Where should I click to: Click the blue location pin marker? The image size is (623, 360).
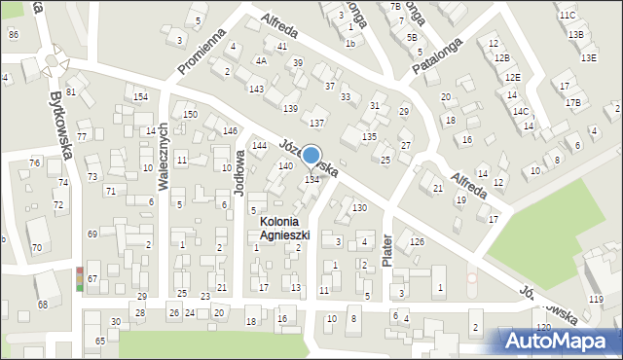[x=311, y=156]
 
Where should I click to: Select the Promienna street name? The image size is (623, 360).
[x=202, y=51]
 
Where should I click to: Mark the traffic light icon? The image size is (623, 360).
[x=79, y=279]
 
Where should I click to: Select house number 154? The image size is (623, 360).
[x=140, y=97]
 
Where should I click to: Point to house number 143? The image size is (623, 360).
[x=256, y=89]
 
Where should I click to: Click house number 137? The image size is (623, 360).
[x=316, y=123]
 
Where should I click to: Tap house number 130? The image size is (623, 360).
[x=359, y=208]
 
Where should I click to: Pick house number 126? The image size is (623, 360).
[x=417, y=241]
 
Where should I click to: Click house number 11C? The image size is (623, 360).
[x=568, y=16]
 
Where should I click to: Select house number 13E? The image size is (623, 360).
[x=588, y=57]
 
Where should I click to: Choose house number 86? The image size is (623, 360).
[x=13, y=35]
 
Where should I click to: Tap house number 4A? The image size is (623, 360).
[x=261, y=60]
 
